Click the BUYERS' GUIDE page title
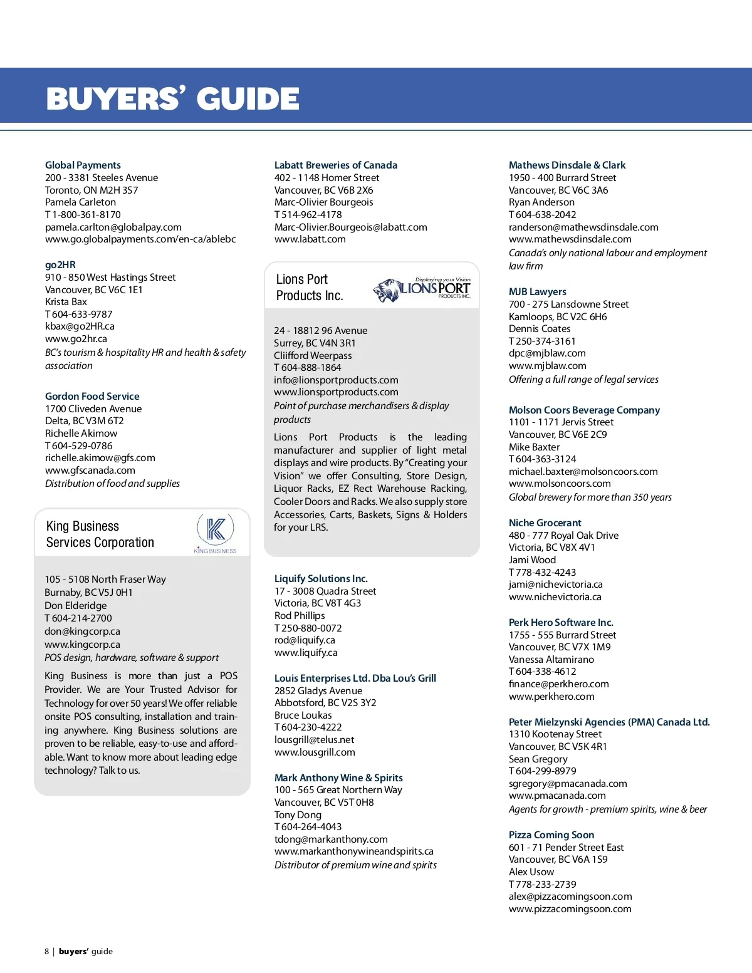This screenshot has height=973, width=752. [173, 98]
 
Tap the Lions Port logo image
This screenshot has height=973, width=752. [422, 289]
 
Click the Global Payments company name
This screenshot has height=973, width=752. [83, 165]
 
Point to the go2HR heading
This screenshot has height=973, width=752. [60, 264]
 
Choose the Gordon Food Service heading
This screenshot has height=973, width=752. [92, 396]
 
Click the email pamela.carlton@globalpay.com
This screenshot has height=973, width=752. [113, 227]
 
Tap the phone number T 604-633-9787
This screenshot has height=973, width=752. [79, 314]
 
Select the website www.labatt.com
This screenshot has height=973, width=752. [310, 239]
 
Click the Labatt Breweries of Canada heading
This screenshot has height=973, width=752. [336, 165]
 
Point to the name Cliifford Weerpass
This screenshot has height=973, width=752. [313, 355]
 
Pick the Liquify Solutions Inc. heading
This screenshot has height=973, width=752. [321, 578]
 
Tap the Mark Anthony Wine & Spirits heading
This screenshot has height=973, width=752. [338, 778]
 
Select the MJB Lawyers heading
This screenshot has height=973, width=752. [538, 291]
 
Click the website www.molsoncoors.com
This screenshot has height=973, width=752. [560, 483]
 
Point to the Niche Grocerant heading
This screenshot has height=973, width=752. [545, 523]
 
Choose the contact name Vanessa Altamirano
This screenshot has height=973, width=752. [551, 659]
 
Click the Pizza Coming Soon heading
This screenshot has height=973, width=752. [551, 835]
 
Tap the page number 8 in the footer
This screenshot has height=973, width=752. [47, 951]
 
